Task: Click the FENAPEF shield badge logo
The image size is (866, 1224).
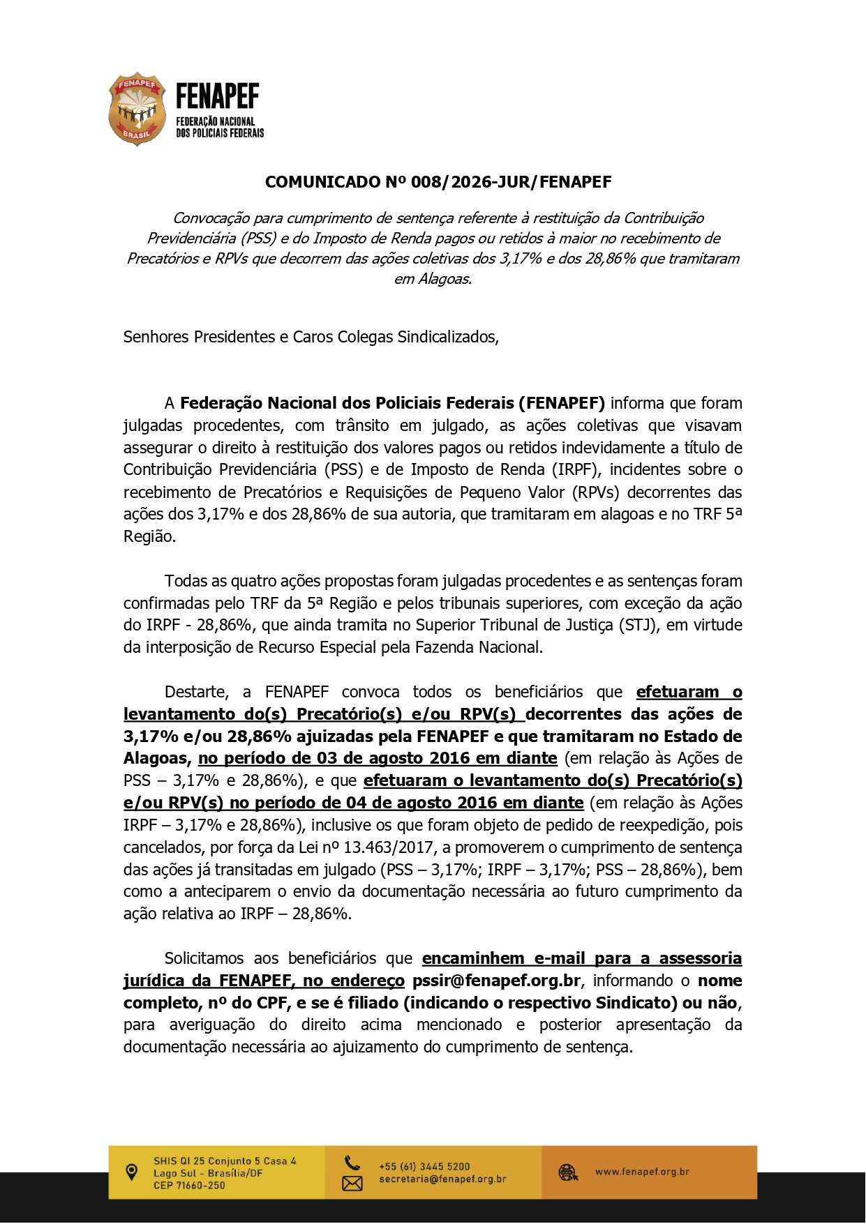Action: (x=137, y=109)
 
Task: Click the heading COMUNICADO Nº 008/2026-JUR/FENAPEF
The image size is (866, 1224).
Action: (x=438, y=183)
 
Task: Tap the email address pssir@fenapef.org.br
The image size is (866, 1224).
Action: (x=495, y=981)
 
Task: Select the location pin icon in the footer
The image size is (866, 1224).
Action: (x=131, y=1172)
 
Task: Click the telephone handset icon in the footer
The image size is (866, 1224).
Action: (x=352, y=1163)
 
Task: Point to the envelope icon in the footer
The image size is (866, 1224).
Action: (x=352, y=1183)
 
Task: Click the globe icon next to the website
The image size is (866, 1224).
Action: (x=568, y=1172)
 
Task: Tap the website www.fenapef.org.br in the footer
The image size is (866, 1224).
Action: (x=641, y=1172)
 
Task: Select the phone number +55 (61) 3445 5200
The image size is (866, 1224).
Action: (x=424, y=1166)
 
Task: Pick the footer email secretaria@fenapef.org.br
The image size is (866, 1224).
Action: (x=442, y=1179)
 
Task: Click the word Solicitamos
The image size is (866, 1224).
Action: (x=204, y=958)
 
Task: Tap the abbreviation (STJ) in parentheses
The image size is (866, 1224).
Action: (x=638, y=625)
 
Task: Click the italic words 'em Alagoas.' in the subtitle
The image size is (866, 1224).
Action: (x=433, y=279)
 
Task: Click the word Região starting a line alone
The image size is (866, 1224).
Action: (x=149, y=536)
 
